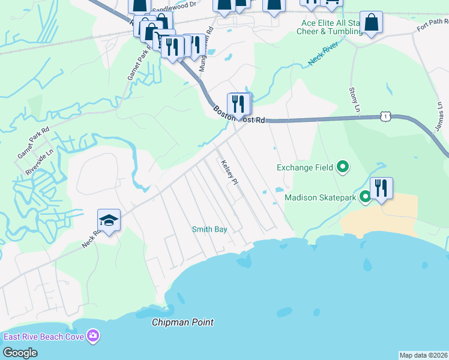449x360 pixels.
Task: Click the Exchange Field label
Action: click(304, 167)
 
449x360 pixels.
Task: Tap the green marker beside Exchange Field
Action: click(343, 166)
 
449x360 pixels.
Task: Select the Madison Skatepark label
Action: click(321, 197)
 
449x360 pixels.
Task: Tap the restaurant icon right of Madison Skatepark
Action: click(381, 188)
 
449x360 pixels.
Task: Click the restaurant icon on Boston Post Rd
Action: click(239, 104)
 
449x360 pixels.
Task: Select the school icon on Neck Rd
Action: click(109, 221)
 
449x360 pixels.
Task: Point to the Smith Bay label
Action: click(209, 229)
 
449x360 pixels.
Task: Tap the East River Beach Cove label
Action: click(43, 336)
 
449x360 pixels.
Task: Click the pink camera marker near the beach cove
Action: click(92, 335)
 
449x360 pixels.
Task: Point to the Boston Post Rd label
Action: click(240, 115)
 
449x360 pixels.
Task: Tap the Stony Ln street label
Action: click(353, 98)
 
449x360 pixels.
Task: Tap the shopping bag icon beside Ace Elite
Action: click(371, 23)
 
